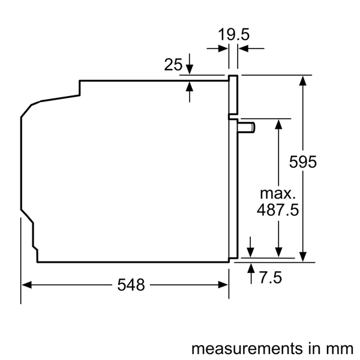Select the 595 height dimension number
coord(302,162)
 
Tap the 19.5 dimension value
coord(233,35)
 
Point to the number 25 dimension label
coord(173,65)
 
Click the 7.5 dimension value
coord(271,278)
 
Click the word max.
coord(277,194)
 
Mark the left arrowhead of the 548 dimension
coord(26,286)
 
